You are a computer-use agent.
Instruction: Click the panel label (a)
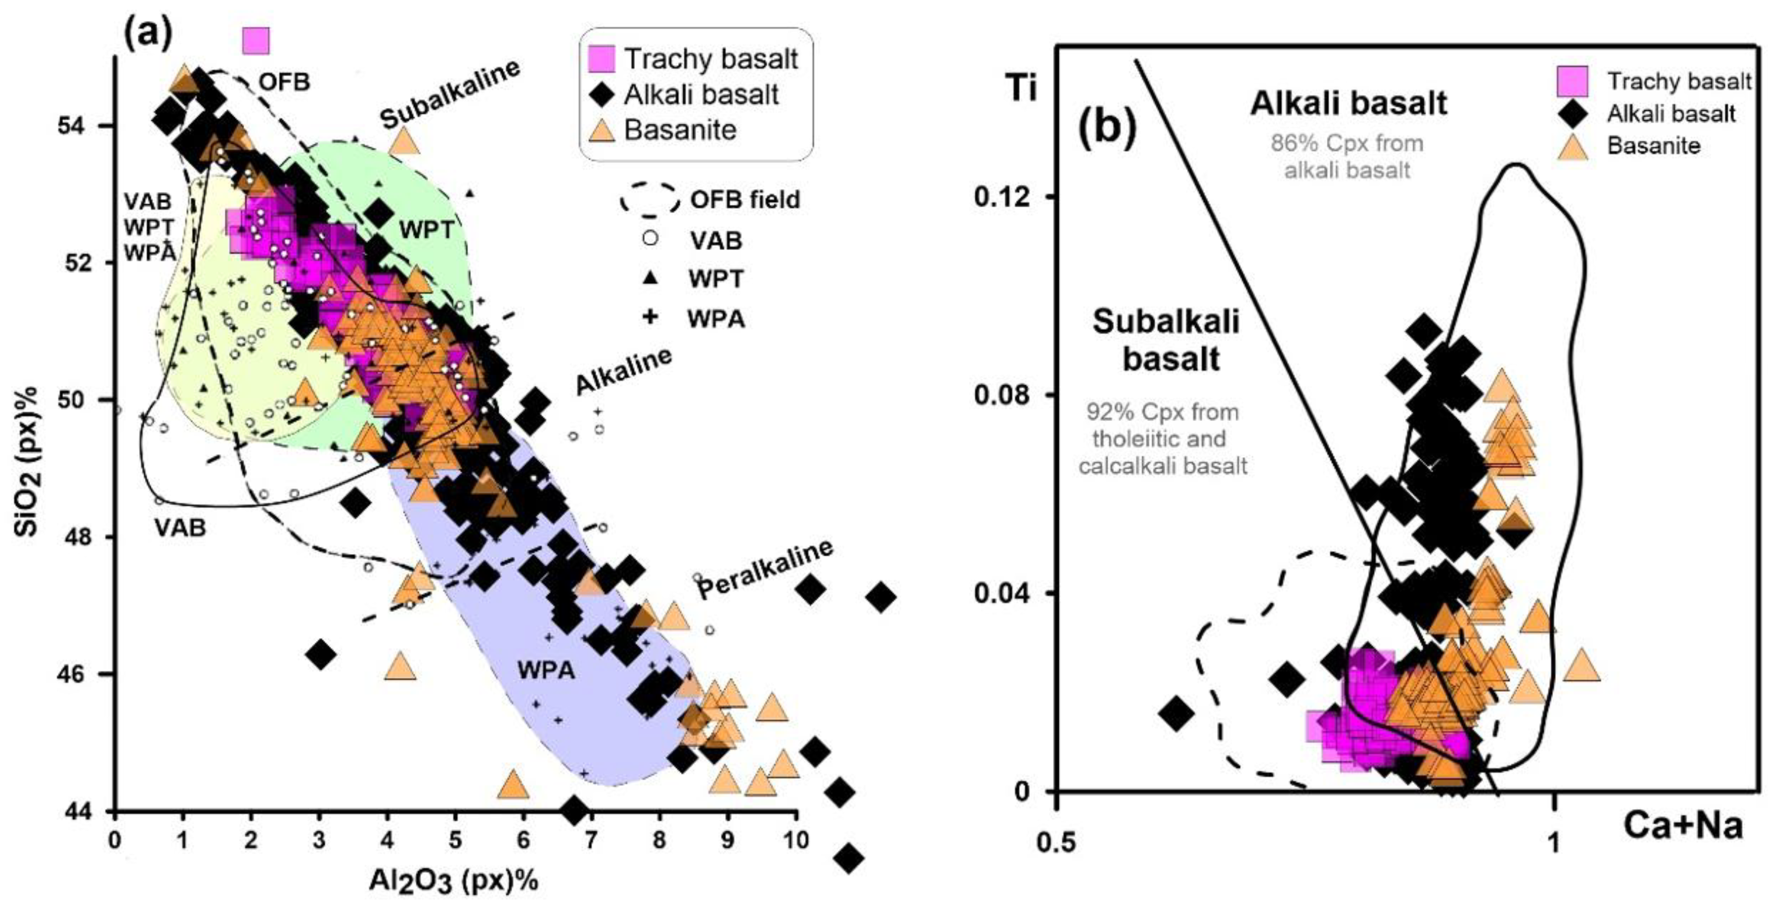point(147,33)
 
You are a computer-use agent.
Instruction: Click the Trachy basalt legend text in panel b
point(1678,82)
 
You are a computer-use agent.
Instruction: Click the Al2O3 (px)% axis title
point(454,881)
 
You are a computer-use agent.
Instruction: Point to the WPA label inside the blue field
point(546,670)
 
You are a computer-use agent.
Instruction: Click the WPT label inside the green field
point(426,230)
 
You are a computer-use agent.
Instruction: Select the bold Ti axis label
point(1020,89)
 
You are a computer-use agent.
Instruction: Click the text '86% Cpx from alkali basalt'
point(1347,156)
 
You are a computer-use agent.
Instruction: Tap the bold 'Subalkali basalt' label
point(1167,340)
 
